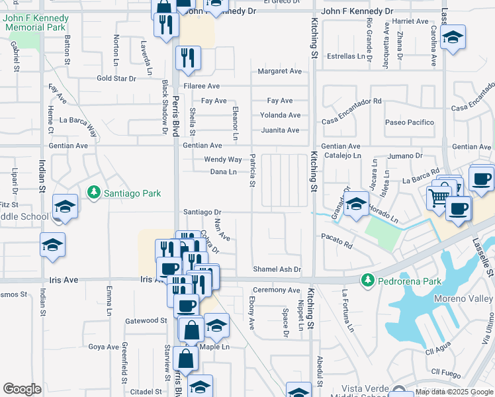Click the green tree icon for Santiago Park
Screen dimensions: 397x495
(x=93, y=193)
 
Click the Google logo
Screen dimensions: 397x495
(x=22, y=389)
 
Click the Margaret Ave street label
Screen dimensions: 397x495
(x=279, y=71)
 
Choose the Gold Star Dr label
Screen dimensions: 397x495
(x=116, y=78)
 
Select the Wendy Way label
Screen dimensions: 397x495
(x=222, y=159)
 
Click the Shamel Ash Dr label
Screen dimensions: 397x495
(x=277, y=269)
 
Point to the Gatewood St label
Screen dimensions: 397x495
(x=146, y=320)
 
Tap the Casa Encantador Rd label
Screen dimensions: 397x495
(x=352, y=101)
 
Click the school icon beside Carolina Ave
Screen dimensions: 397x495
(x=453, y=38)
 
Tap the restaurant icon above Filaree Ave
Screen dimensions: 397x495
(x=188, y=58)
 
